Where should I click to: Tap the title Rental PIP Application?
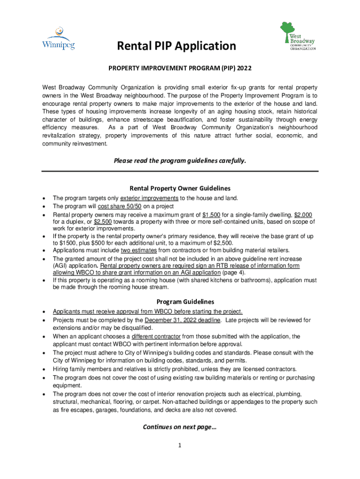pyautogui.click(x=177, y=46)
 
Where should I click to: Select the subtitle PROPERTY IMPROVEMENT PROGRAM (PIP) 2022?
pyautogui.click(x=180, y=68)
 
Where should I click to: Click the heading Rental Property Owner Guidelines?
pyautogui.click(x=180, y=188)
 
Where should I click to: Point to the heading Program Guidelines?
pyautogui.click(x=180, y=302)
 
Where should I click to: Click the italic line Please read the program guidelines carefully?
pyautogui.click(x=180, y=160)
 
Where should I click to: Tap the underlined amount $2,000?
pyautogui.click(x=306, y=215)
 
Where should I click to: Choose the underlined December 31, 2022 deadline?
pyautogui.click(x=182, y=320)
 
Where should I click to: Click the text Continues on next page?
pyautogui.click(x=180, y=427)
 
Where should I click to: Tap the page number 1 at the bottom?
pyautogui.click(x=179, y=445)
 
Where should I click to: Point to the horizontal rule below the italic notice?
pyautogui.click(x=180, y=172)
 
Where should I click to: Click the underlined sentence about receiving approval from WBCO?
pyautogui.click(x=147, y=312)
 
